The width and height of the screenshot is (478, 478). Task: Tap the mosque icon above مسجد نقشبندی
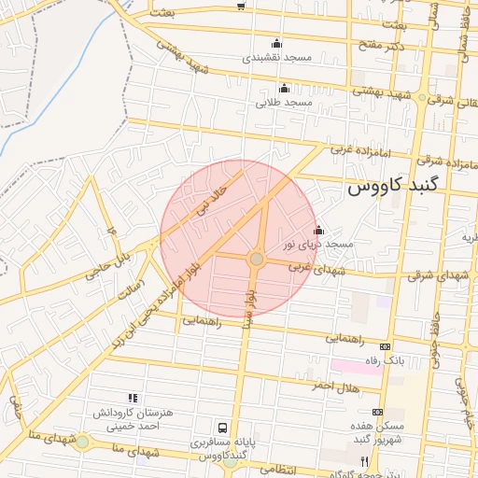(276, 43)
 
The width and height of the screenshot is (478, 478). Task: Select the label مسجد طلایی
(283, 102)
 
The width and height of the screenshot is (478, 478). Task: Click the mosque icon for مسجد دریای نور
(318, 230)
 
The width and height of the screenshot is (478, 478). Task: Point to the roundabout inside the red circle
(256, 259)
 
